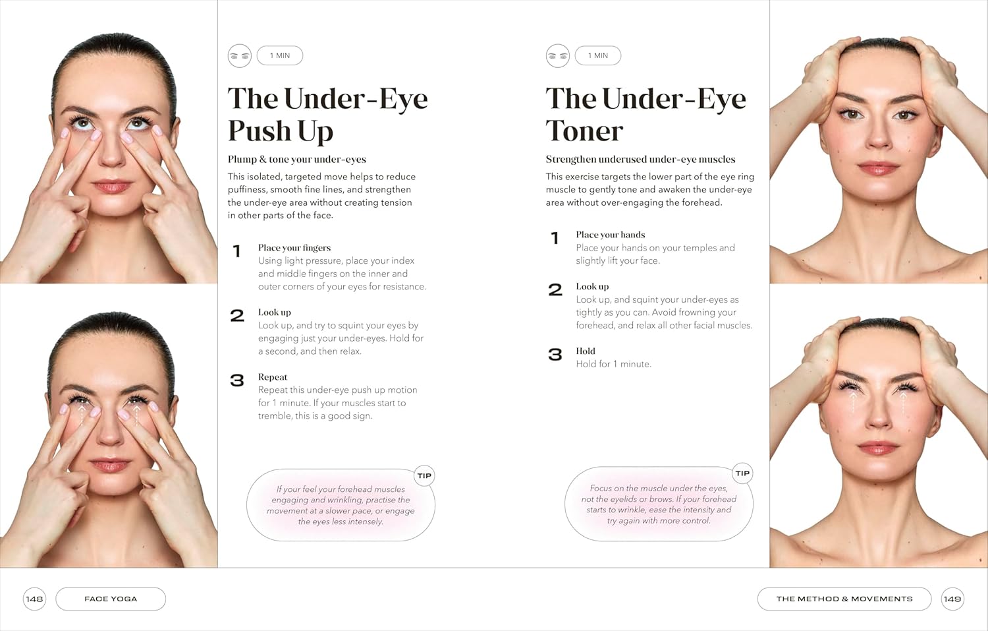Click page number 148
[34, 599]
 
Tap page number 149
[952, 599]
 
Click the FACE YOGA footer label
[111, 599]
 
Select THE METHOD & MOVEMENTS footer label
[844, 599]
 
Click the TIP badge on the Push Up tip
[424, 475]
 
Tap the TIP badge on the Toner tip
[742, 473]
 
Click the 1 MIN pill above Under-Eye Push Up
[280, 55]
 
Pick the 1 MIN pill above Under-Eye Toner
[597, 55]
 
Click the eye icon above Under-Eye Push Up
[240, 56]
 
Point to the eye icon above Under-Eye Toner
[557, 56]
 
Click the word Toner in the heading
[584, 131]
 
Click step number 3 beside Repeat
[237, 380]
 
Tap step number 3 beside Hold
[555, 354]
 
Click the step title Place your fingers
[294, 248]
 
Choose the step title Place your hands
[611, 235]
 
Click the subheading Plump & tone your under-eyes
[297, 159]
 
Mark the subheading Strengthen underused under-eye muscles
[640, 159]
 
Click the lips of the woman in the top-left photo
[111, 186]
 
